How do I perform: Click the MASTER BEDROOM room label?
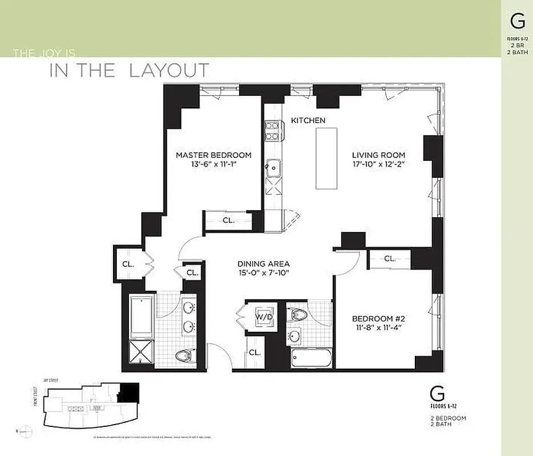coord(213,155)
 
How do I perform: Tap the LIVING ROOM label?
coord(378,155)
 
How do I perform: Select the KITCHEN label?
coord(308,120)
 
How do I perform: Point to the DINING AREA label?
coord(264,264)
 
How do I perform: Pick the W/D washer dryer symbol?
coord(263,316)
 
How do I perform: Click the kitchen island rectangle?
coord(327,158)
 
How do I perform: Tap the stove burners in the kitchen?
coord(272,132)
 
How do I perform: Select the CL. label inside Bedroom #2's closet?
coord(390,258)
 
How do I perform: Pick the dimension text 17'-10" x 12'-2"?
coord(378,165)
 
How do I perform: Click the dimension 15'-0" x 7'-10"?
coord(264,274)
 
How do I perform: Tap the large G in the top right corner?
coord(518,21)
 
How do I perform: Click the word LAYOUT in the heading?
coord(169,71)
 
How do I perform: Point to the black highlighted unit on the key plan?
coord(131,392)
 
